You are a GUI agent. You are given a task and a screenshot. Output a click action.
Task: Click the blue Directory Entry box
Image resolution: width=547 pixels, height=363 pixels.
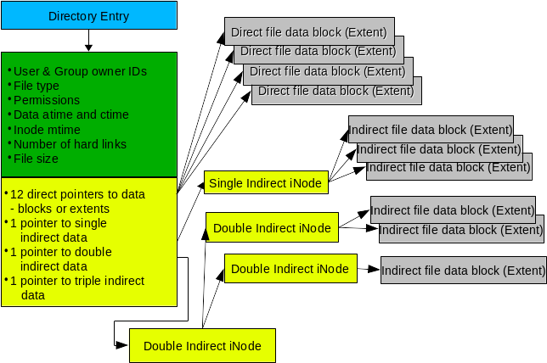pyautogui.click(x=88, y=15)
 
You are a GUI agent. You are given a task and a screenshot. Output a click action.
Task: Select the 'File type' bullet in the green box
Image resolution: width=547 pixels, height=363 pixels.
pyautogui.click(x=38, y=86)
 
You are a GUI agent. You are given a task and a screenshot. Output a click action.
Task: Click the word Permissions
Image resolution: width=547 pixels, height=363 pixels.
pyautogui.click(x=47, y=100)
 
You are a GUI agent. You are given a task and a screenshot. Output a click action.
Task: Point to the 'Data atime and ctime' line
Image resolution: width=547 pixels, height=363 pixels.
pyautogui.click(x=70, y=114)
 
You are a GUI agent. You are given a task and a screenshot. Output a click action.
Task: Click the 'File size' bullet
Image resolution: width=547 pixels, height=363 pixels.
pyautogui.click(x=37, y=158)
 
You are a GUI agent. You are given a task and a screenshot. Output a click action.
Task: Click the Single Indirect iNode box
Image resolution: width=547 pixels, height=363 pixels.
pyautogui.click(x=266, y=181)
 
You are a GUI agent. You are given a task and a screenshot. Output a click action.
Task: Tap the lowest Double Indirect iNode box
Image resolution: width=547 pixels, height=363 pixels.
pyautogui.click(x=202, y=345)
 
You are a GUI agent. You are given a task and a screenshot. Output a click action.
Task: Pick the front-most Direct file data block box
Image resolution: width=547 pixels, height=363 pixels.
pyautogui.click(x=336, y=90)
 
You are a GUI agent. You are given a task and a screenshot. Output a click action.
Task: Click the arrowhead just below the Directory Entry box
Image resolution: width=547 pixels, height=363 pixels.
pyautogui.click(x=89, y=47)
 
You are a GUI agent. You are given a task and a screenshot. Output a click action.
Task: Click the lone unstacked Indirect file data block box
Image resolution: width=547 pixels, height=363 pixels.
pyautogui.click(x=463, y=271)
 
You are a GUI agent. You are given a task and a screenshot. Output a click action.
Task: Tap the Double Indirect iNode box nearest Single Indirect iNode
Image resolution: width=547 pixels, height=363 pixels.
pyautogui.click(x=272, y=227)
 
